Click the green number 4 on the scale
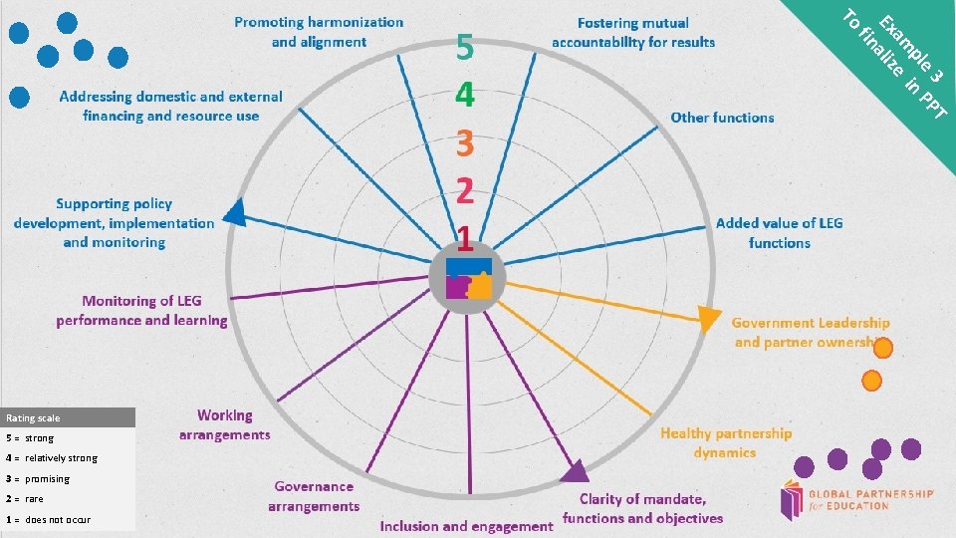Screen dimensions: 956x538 [464, 96]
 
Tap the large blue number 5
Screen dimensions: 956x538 [465, 48]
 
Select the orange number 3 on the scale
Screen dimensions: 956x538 [464, 144]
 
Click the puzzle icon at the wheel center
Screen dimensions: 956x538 [468, 279]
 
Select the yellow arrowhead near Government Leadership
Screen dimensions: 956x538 [708, 319]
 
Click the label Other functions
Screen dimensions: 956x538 [722, 118]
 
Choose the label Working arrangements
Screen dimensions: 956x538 [224, 424]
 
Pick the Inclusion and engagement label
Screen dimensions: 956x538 [466, 525]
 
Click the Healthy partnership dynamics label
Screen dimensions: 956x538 [726, 442]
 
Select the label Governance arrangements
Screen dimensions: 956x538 [314, 496]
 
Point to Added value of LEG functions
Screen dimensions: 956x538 [779, 233]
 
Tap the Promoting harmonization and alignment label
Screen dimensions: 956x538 [319, 32]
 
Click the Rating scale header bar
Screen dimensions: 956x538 [68, 418]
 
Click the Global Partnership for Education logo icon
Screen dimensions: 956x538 [794, 500]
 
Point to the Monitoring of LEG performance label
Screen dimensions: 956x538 [141, 311]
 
